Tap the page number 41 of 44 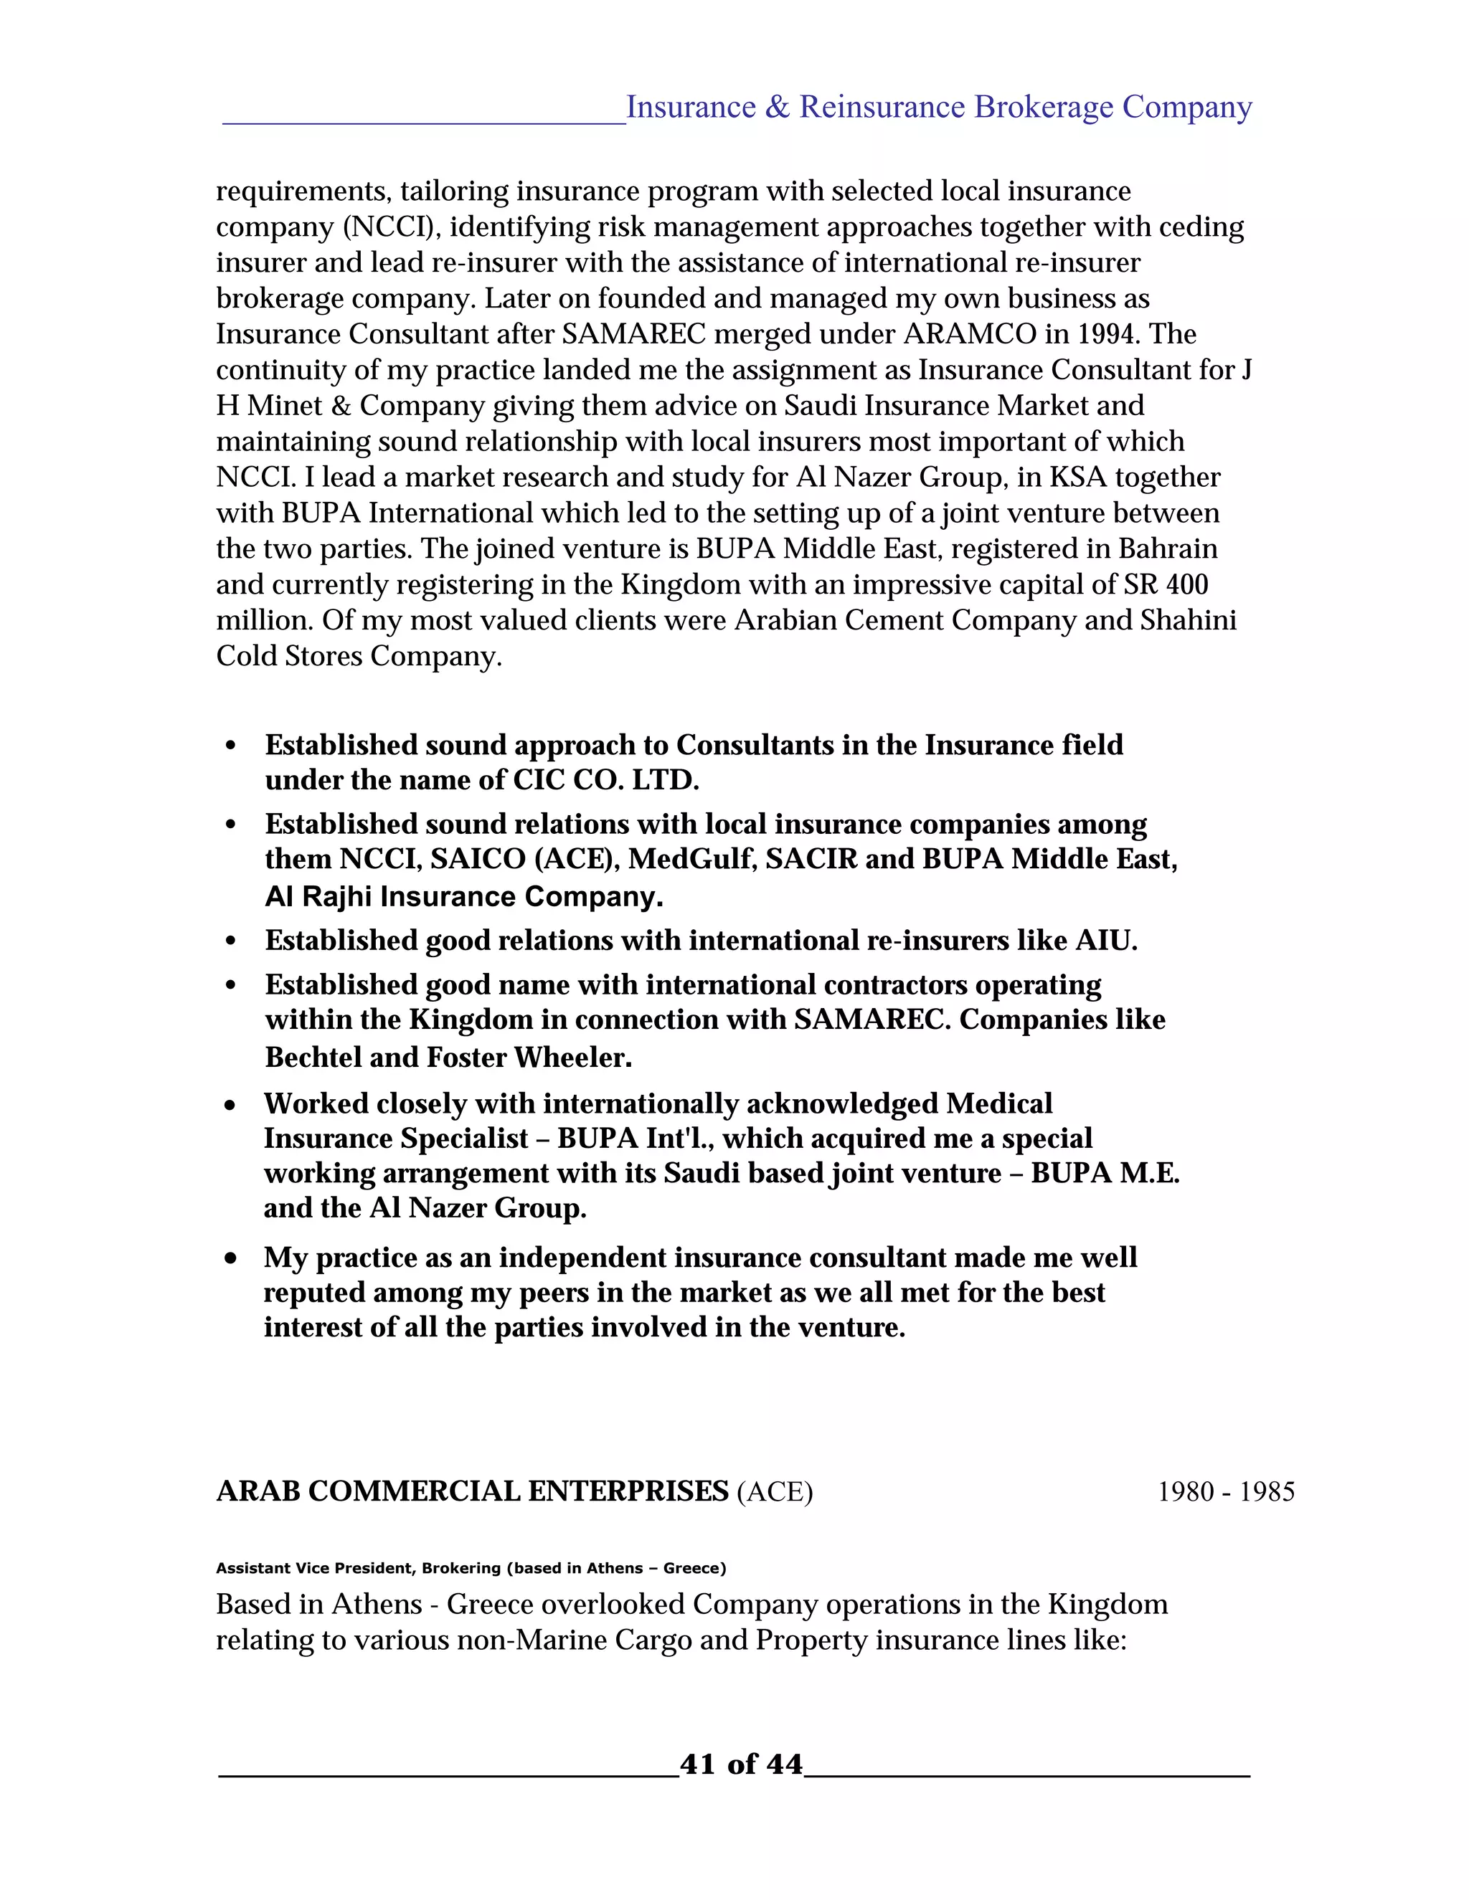[x=740, y=1764]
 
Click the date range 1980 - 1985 [x=1225, y=1492]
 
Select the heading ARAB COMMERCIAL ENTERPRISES [x=472, y=1491]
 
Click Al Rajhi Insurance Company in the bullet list [x=464, y=897]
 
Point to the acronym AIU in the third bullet [x=1105, y=941]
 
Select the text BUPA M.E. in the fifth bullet [x=1105, y=1174]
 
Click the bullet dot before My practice [x=231, y=1258]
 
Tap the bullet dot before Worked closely [x=231, y=1105]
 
